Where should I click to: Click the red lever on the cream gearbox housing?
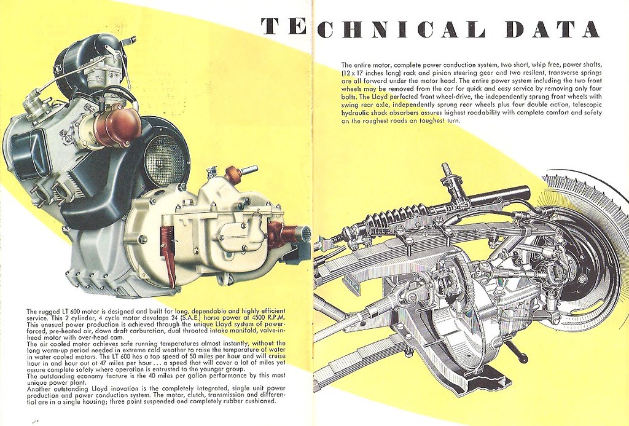coord(168,252)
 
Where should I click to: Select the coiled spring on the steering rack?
coord(396,216)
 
